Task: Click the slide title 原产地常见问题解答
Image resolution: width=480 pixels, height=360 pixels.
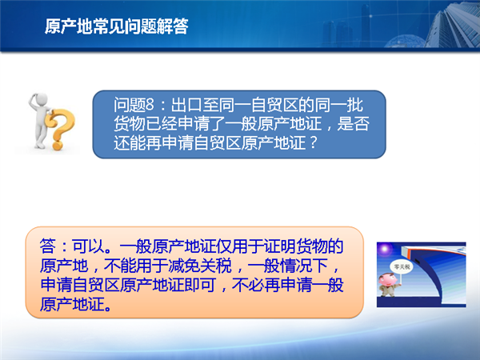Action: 116,26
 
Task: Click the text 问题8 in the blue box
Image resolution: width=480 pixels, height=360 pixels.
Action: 134,105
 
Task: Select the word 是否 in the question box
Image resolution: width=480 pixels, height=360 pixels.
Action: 354,124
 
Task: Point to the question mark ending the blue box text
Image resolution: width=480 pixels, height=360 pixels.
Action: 313,142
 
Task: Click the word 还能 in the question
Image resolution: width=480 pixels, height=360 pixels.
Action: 130,142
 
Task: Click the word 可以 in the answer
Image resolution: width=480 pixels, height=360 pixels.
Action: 88,246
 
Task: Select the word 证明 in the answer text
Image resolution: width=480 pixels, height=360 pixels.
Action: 280,246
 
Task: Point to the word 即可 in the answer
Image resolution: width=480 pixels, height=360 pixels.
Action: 199,285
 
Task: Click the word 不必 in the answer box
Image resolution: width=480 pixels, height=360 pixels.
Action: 248,285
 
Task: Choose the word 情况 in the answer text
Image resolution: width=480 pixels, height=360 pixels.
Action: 296,265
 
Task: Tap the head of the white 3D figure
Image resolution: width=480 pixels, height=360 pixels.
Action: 41,100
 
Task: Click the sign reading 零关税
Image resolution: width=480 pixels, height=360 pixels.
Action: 402,267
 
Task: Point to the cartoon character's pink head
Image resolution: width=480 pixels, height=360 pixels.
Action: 387,279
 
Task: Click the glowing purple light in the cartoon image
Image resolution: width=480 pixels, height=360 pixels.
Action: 385,249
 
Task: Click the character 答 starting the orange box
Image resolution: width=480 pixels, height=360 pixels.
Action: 48,246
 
